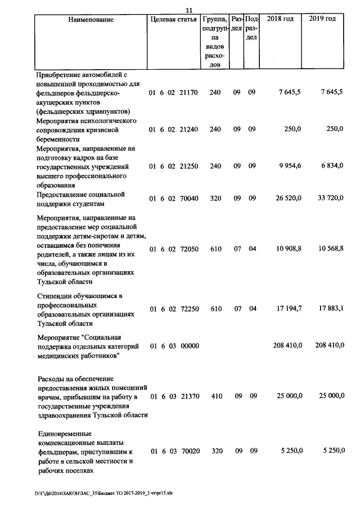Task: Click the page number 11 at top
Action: [188, 9]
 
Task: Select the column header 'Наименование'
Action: [91, 20]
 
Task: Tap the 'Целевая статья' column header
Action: [173, 19]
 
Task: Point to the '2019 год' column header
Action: [323, 19]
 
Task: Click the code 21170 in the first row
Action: [188, 92]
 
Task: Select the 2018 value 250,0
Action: [292, 129]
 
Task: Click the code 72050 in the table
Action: [188, 249]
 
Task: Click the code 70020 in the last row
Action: [188, 451]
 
